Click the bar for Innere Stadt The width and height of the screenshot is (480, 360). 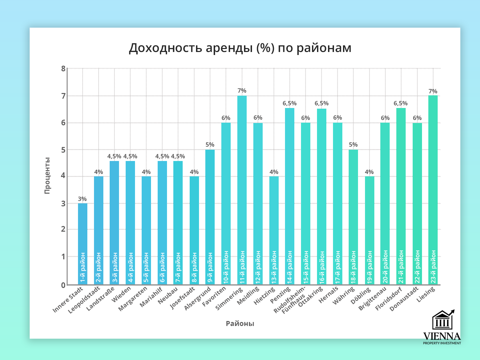click(83, 233)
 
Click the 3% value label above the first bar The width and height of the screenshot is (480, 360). click(82, 199)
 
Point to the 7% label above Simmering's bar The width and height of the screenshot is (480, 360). click(242, 91)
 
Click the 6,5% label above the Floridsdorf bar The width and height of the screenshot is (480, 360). click(401, 103)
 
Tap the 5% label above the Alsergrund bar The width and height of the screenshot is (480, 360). click(210, 145)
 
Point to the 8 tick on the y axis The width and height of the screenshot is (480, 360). click(63, 69)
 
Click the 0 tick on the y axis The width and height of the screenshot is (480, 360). click(63, 285)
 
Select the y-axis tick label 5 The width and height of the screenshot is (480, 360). click(63, 150)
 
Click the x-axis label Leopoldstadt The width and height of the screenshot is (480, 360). click(84, 300)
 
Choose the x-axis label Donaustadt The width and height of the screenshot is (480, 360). click(404, 299)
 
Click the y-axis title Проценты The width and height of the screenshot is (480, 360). click(47, 175)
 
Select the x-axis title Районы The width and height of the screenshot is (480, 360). click(240, 323)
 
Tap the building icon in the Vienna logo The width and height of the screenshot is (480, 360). click(442, 321)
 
